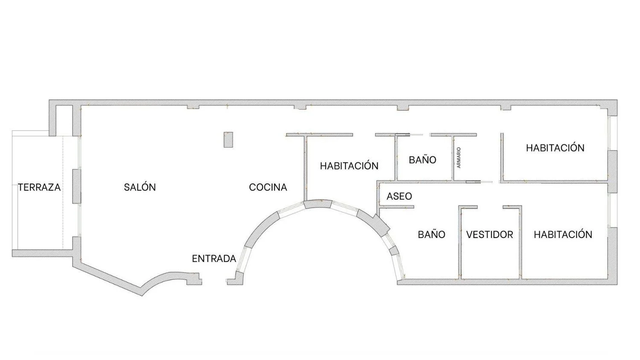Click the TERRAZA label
[x=39, y=187]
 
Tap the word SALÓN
[x=140, y=187]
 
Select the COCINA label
[x=268, y=187]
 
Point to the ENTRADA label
[x=214, y=258]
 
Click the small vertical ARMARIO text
[x=459, y=157]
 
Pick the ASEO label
[x=399, y=196]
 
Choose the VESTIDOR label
[x=489, y=235]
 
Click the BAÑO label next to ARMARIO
[x=422, y=160]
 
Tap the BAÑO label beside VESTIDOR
[x=431, y=235]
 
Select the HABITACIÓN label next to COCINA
[x=349, y=166]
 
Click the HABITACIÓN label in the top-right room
[x=555, y=148]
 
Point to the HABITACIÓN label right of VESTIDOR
[x=563, y=235]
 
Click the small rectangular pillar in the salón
[x=228, y=139]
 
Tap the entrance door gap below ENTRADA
[x=214, y=282]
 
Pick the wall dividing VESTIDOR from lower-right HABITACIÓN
[x=521, y=243]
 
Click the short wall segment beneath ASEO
[x=396, y=207]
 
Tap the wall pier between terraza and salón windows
[x=76, y=186]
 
